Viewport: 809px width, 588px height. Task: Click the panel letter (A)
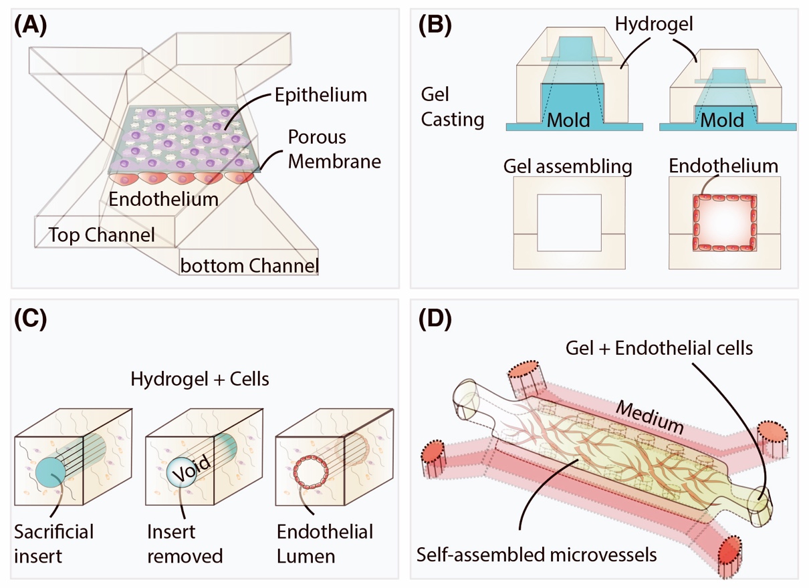click(x=30, y=25)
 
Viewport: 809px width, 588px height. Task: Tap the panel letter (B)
click(x=435, y=25)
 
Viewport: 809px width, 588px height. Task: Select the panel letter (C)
click(x=30, y=319)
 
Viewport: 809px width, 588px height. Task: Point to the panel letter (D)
click(x=435, y=319)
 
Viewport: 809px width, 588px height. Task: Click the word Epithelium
click(x=321, y=96)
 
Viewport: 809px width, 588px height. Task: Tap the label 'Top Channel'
click(x=102, y=235)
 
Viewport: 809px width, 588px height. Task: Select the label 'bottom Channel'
click(x=249, y=266)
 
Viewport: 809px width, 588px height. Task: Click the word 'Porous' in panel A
click(x=317, y=137)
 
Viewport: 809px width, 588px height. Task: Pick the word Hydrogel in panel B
click(x=654, y=25)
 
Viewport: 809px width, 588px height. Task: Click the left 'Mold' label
click(x=568, y=120)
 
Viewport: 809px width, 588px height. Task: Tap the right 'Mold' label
click(x=722, y=120)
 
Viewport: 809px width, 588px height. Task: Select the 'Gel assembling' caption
click(x=568, y=167)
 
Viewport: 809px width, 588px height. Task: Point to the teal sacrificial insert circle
click(x=51, y=473)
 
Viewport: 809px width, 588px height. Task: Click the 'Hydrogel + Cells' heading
click(x=200, y=380)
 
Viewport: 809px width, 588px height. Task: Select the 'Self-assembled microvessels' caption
click(x=537, y=555)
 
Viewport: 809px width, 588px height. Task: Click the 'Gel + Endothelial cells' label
click(x=659, y=348)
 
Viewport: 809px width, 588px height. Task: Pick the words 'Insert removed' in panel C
click(x=185, y=544)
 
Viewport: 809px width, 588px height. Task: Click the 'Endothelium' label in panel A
click(x=164, y=199)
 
